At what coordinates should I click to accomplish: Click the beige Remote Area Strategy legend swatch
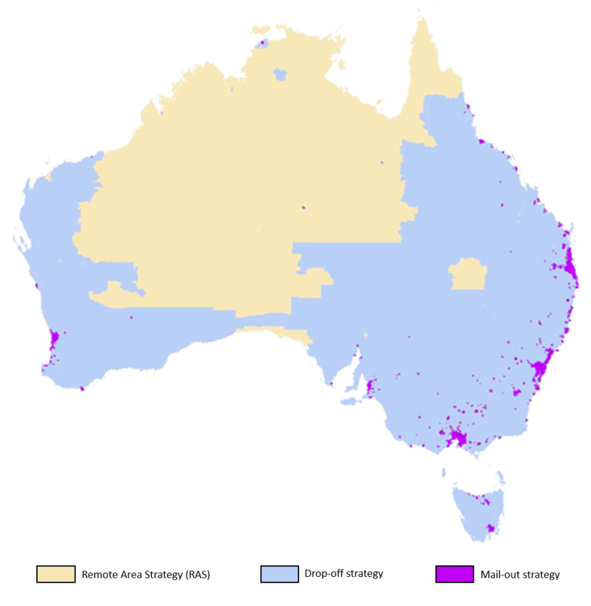pos(56,574)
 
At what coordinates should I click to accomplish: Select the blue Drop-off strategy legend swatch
pos(279,574)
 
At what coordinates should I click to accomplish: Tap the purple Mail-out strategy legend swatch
pos(455,574)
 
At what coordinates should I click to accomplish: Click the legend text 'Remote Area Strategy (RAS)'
pos(146,575)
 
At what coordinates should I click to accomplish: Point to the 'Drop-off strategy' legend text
pos(344,574)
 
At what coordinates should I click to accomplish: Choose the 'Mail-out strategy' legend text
pos(520,575)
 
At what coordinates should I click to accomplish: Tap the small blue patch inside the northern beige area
pos(281,73)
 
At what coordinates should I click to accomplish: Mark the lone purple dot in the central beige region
pos(303,208)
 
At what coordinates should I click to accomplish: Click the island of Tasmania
pos(479,509)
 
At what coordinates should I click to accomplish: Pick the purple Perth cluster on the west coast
pos(54,340)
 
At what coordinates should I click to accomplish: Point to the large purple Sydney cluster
pos(541,369)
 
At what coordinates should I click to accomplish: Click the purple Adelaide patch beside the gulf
pos(369,388)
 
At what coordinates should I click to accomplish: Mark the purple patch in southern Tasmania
pos(489,528)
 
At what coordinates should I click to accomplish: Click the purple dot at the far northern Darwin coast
pos(262,43)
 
